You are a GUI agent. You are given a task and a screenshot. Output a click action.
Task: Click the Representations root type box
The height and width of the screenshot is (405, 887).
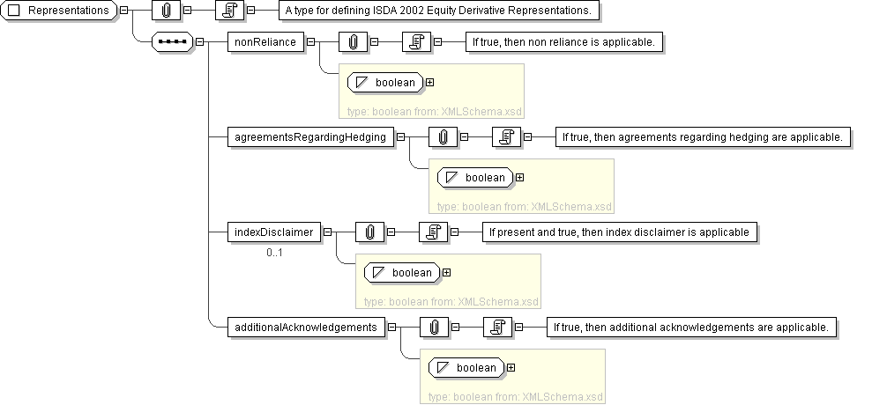click(x=59, y=11)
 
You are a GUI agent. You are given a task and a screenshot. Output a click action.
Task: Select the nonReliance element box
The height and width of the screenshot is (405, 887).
click(x=265, y=42)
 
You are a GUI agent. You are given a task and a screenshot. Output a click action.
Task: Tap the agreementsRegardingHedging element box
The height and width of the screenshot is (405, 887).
click(x=310, y=137)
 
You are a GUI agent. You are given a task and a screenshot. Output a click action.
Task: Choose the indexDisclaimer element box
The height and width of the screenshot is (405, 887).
click(x=274, y=232)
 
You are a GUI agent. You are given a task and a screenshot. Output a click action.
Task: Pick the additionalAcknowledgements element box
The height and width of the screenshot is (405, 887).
click(x=306, y=327)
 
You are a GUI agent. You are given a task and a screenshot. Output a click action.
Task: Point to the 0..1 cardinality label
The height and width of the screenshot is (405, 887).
click(x=274, y=253)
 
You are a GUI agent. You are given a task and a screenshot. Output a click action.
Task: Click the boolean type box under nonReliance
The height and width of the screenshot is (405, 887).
click(x=385, y=83)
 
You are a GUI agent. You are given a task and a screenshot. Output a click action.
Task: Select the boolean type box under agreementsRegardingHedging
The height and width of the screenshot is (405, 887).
click(x=475, y=177)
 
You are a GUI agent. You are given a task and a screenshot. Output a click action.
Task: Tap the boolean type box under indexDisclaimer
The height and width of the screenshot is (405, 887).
click(x=402, y=272)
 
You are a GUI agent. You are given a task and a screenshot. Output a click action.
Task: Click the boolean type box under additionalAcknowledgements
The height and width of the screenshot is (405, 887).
click(x=466, y=368)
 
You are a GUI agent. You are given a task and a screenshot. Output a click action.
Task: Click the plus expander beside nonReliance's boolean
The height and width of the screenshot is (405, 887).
click(x=430, y=83)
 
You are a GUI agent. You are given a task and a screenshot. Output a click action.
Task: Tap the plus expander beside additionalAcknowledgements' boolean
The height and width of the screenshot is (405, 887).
click(x=511, y=368)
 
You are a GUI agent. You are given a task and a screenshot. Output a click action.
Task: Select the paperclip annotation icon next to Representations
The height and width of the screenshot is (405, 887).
click(x=167, y=11)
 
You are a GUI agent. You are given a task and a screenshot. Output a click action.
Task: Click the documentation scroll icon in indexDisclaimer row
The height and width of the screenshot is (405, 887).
click(x=433, y=232)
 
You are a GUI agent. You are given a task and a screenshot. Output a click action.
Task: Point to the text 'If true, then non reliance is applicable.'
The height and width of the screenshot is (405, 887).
click(x=564, y=42)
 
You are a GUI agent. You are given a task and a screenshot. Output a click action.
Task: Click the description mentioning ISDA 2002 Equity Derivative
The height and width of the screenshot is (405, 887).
click(x=439, y=11)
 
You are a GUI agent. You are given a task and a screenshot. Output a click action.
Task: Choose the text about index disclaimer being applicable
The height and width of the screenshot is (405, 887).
click(x=620, y=232)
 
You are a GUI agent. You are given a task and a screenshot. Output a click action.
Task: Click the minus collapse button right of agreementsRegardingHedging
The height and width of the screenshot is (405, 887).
click(x=400, y=137)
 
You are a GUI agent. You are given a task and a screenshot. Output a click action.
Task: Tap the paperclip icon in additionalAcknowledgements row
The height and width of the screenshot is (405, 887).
click(x=434, y=327)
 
